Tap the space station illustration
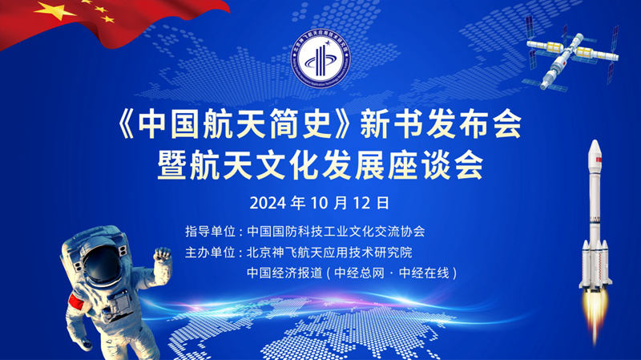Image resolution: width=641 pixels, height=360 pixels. [x=571, y=52]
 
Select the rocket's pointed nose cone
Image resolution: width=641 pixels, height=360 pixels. [x=595, y=148]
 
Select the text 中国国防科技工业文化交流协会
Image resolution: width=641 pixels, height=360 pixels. [x=336, y=232]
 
